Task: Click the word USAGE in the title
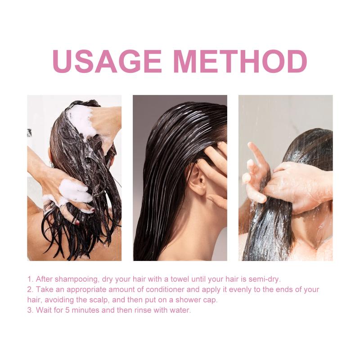pos(107,61)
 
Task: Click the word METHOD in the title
pos(240,61)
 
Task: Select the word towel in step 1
pos(180,279)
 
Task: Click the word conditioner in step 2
pos(165,289)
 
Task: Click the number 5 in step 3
pos(67,310)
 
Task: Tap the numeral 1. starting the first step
pos(31,279)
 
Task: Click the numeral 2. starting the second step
pos(31,289)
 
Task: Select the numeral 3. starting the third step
pos(31,310)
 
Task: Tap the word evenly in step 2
pos(240,290)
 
